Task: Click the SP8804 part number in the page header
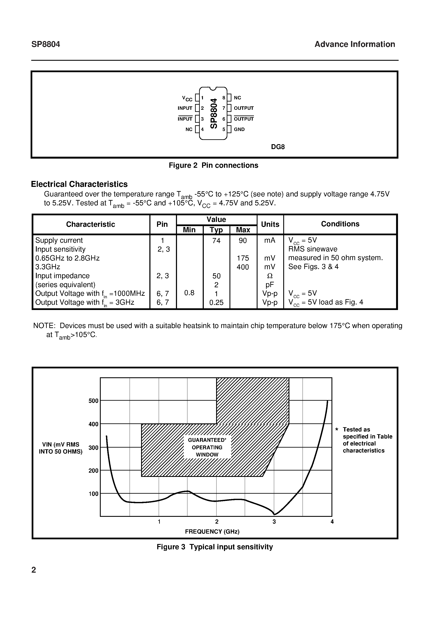click(46, 44)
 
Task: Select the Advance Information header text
click(354, 44)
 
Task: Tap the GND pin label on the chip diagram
click(239, 129)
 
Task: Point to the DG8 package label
click(278, 147)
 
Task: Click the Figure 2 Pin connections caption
click(213, 165)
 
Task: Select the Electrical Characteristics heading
click(79, 184)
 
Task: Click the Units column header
click(270, 224)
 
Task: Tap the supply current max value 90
click(243, 240)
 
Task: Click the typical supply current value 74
click(216, 240)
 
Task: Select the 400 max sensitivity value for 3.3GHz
click(243, 267)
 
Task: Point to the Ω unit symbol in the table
click(270, 276)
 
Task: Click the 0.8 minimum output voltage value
click(189, 293)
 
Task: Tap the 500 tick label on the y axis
click(93, 401)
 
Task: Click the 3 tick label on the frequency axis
click(274, 522)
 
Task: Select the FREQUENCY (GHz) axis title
click(212, 531)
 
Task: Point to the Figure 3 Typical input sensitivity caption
click(215, 547)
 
